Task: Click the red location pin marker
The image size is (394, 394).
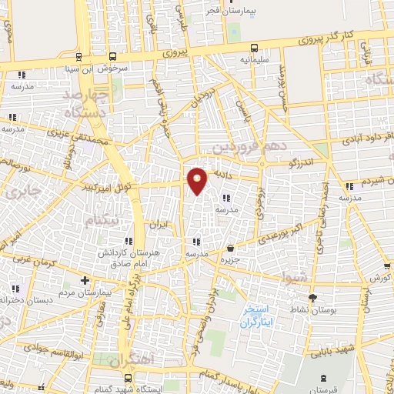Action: (x=197, y=180)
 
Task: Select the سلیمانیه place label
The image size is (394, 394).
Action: (x=255, y=58)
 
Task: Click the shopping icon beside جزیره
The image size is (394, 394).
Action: (x=231, y=248)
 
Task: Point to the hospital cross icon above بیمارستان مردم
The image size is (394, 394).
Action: (x=85, y=280)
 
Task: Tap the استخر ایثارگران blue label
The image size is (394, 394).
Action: (x=260, y=316)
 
